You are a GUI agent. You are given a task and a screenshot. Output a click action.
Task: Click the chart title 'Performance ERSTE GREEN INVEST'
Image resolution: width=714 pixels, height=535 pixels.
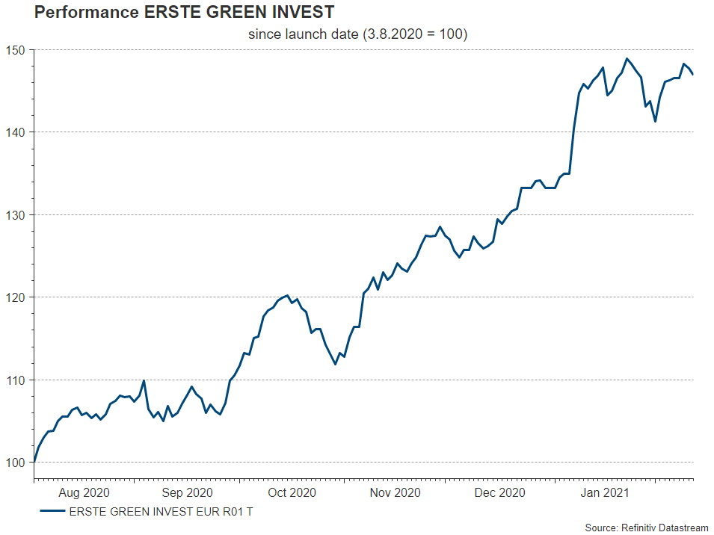pos(184,13)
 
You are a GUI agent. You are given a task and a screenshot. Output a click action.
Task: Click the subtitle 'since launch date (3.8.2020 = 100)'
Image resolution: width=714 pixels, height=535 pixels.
pos(357,34)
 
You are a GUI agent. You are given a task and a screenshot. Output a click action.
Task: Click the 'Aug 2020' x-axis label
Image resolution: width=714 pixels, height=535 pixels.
pos(84,492)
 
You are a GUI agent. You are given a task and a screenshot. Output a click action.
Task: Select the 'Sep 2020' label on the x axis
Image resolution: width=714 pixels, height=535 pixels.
pos(187,492)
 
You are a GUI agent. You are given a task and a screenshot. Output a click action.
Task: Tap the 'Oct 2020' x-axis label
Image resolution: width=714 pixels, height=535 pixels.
pos(292,492)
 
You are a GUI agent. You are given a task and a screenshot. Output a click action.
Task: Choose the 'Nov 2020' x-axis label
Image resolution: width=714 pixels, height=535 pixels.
pos(396,492)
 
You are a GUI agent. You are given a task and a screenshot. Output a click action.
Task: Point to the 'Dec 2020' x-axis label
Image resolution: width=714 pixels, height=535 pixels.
pos(499,492)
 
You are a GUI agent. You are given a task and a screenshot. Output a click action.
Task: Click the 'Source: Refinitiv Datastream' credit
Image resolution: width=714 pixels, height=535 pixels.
pos(646,528)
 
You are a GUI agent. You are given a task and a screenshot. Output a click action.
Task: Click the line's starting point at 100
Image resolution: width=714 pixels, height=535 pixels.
pos(34,463)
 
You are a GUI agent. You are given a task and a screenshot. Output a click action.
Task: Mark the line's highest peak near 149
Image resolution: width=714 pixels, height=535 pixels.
pos(627,58)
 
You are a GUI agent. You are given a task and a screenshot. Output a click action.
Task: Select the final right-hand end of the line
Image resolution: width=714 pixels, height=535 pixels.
pos(693,74)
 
